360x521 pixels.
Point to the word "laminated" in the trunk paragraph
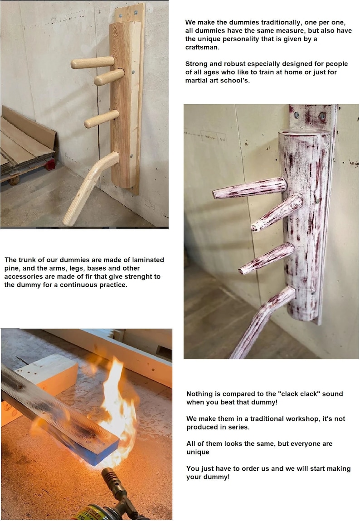pos(148,260)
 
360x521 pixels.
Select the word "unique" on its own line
pos(198,452)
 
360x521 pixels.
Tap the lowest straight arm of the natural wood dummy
pos(102,119)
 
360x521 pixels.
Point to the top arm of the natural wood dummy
pos(92,63)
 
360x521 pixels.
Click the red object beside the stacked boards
pos(50,164)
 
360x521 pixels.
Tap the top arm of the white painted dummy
pos(249,188)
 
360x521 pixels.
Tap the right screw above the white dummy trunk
pos(322,116)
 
